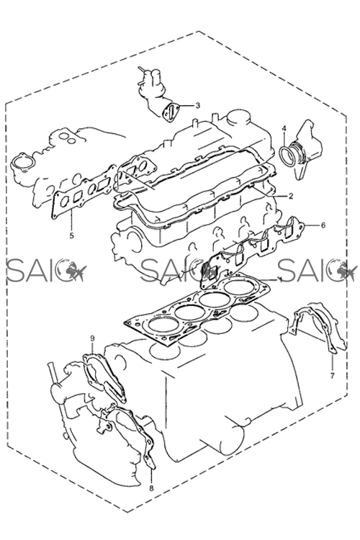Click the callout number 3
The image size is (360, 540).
click(197, 105)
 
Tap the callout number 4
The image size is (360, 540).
click(284, 129)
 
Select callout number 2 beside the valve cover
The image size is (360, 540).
click(291, 197)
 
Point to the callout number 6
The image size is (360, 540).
click(323, 225)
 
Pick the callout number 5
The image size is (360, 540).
click(72, 236)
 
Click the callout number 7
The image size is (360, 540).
click(333, 376)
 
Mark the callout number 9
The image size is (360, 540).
click(92, 338)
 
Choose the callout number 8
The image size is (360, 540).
click(152, 488)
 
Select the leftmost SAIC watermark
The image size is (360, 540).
click(45, 270)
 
